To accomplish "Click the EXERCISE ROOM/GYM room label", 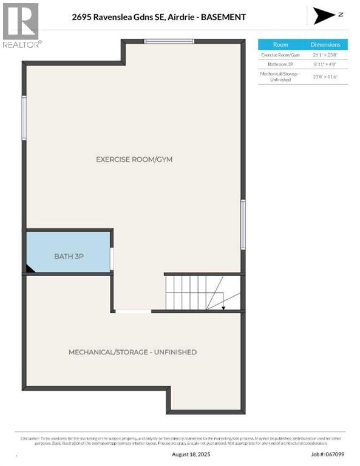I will [x=134, y=160].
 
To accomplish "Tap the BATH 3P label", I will [x=69, y=256].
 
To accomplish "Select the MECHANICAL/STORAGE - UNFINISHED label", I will [x=132, y=352].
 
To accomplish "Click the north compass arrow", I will [x=324, y=16].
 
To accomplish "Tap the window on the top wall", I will [x=169, y=41].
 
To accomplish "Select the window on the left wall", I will [x=24, y=117].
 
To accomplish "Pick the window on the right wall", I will [x=243, y=225].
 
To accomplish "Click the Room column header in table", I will [x=280, y=44].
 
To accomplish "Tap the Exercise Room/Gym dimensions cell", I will [x=325, y=55].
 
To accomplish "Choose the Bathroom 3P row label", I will [x=280, y=65].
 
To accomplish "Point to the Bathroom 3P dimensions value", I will [x=325, y=65].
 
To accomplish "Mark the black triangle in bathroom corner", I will [x=29, y=268].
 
